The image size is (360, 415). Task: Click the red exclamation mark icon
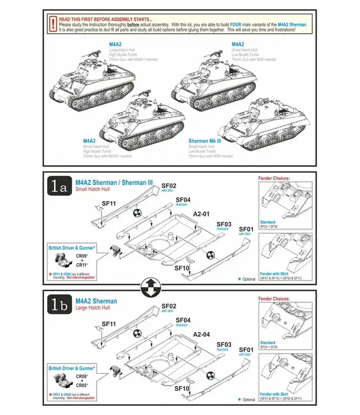click(52, 23)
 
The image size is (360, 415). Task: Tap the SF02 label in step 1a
click(168, 185)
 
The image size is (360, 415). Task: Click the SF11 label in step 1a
click(109, 204)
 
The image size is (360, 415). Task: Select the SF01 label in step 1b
click(246, 350)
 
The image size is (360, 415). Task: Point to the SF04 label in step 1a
click(183, 199)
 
